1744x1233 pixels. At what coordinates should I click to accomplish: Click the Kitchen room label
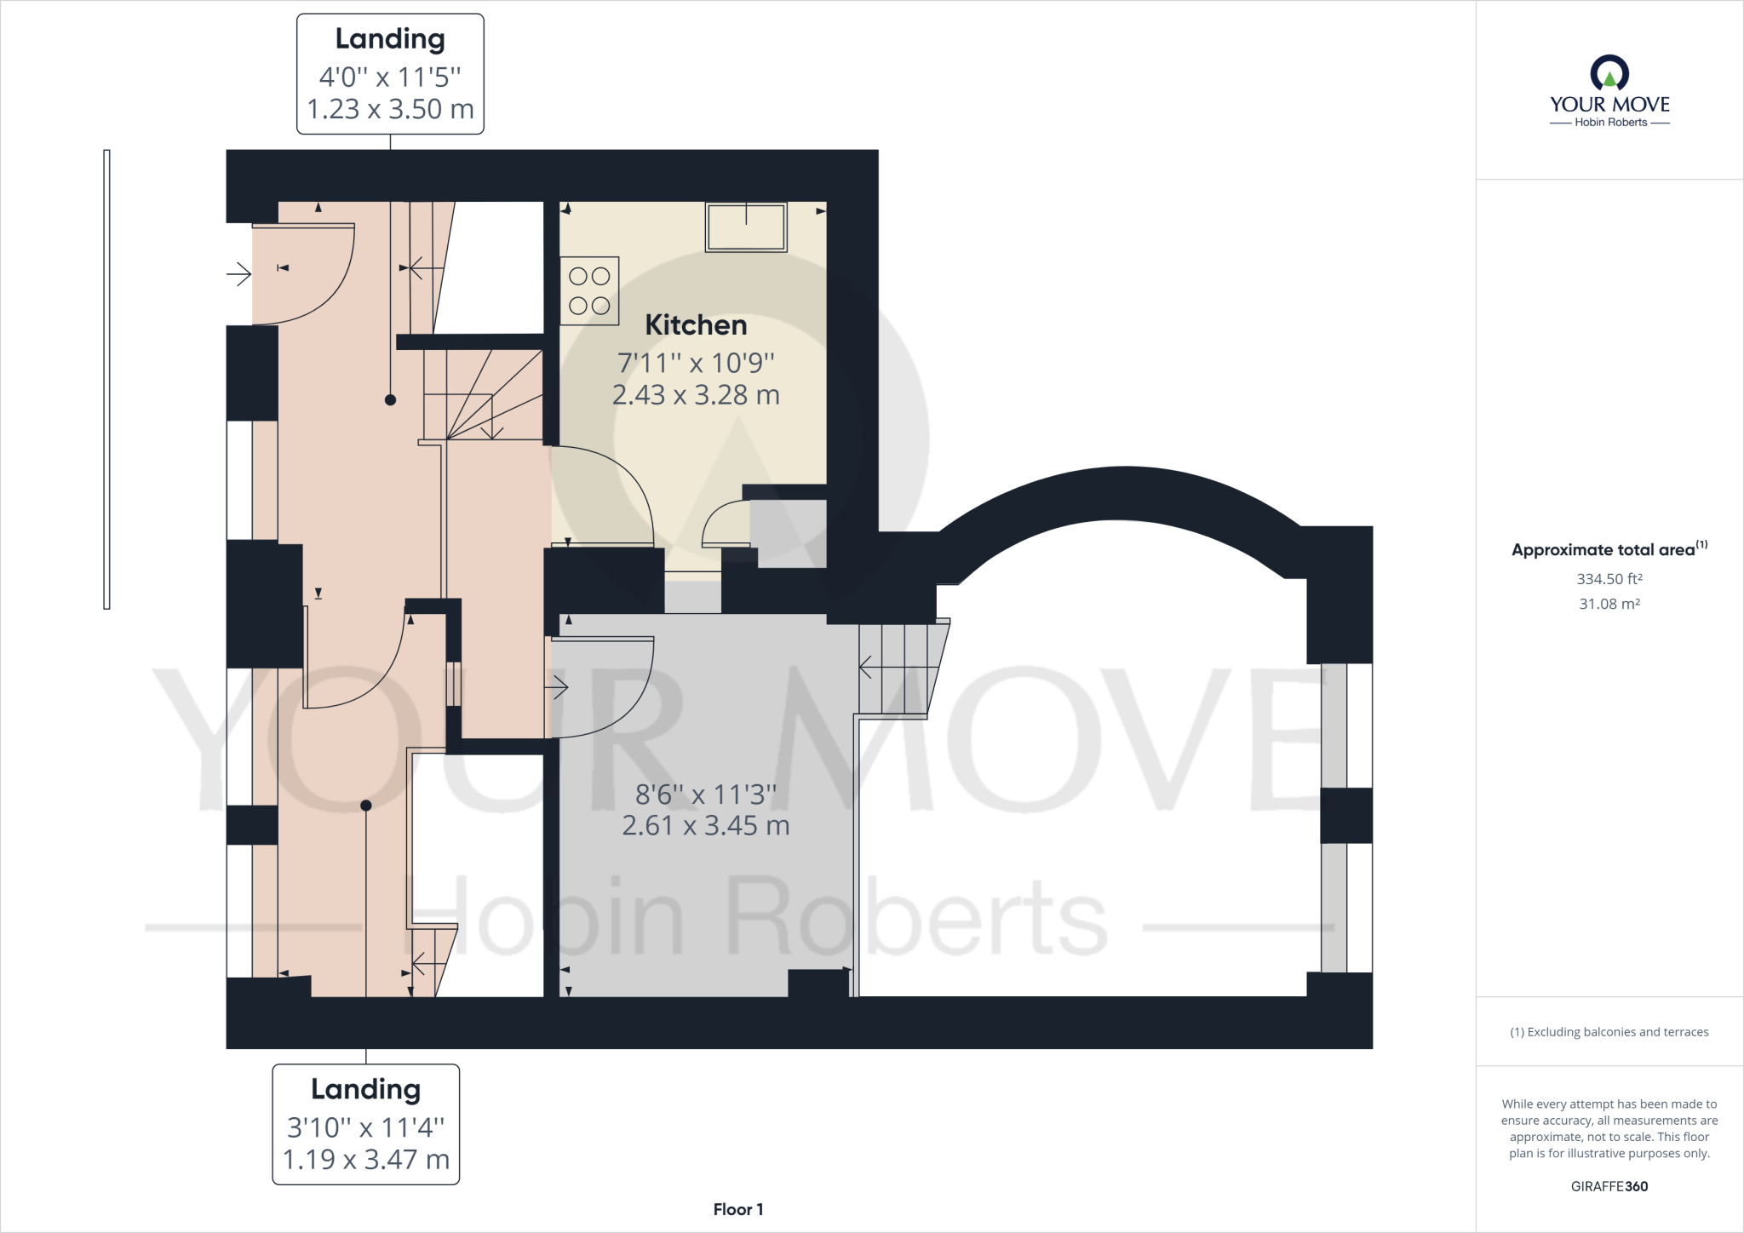coord(696,325)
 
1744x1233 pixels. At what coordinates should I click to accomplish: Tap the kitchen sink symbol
coord(746,227)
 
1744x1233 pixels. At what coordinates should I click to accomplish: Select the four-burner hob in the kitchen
coord(589,291)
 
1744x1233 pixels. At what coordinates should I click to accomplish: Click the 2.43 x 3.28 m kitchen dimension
coord(696,395)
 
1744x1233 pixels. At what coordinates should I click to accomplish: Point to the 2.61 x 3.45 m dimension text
coord(705,826)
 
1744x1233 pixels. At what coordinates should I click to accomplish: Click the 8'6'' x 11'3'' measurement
coord(705,794)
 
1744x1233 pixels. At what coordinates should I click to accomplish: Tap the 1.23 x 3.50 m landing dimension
coord(390,110)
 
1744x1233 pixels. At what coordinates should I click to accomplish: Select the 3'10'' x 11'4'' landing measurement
coord(365,1127)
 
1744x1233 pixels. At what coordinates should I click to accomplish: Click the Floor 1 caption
coord(737,1209)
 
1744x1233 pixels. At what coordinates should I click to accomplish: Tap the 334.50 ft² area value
coord(1609,579)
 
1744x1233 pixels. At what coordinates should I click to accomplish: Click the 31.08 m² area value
coord(1609,604)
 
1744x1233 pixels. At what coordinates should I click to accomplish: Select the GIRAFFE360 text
coord(1609,1186)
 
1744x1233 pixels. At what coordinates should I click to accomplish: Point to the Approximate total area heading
coord(1603,550)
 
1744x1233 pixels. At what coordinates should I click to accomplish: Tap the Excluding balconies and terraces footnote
coord(1609,1032)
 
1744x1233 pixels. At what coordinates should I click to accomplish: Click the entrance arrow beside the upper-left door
coord(238,274)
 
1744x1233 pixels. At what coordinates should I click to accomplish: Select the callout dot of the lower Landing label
coord(366,806)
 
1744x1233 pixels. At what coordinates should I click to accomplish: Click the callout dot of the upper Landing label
coord(390,399)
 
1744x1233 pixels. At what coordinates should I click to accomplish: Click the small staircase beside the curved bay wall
coord(898,668)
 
